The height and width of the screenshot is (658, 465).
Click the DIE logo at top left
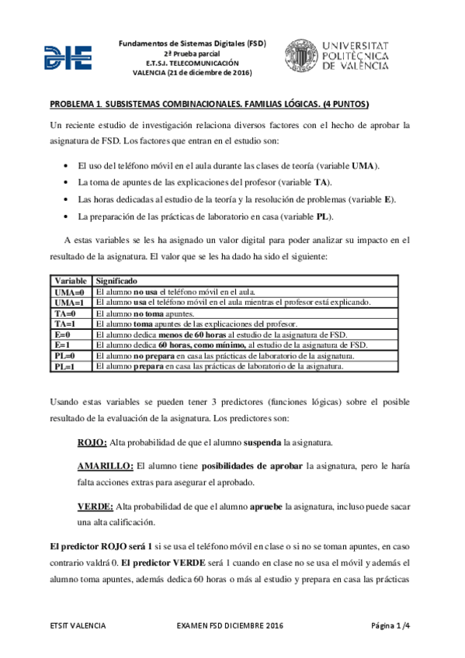[x=69, y=57]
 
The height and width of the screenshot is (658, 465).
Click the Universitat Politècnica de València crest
[x=301, y=57]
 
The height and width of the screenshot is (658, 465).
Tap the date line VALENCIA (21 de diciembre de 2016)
[x=193, y=72]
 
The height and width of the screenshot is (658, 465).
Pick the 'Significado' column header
[x=116, y=280]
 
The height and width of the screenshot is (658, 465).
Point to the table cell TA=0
[x=65, y=313]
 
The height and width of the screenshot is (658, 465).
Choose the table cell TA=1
[x=65, y=324]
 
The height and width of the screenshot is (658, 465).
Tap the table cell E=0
[x=63, y=334]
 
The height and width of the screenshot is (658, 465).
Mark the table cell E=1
[x=63, y=345]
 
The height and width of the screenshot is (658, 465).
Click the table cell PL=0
[x=65, y=355]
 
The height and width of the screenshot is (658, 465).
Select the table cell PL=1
[x=65, y=366]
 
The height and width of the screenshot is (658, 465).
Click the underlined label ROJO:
[x=92, y=442]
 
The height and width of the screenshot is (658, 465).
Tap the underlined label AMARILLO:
[x=105, y=466]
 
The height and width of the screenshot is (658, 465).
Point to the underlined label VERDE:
[x=95, y=507]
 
